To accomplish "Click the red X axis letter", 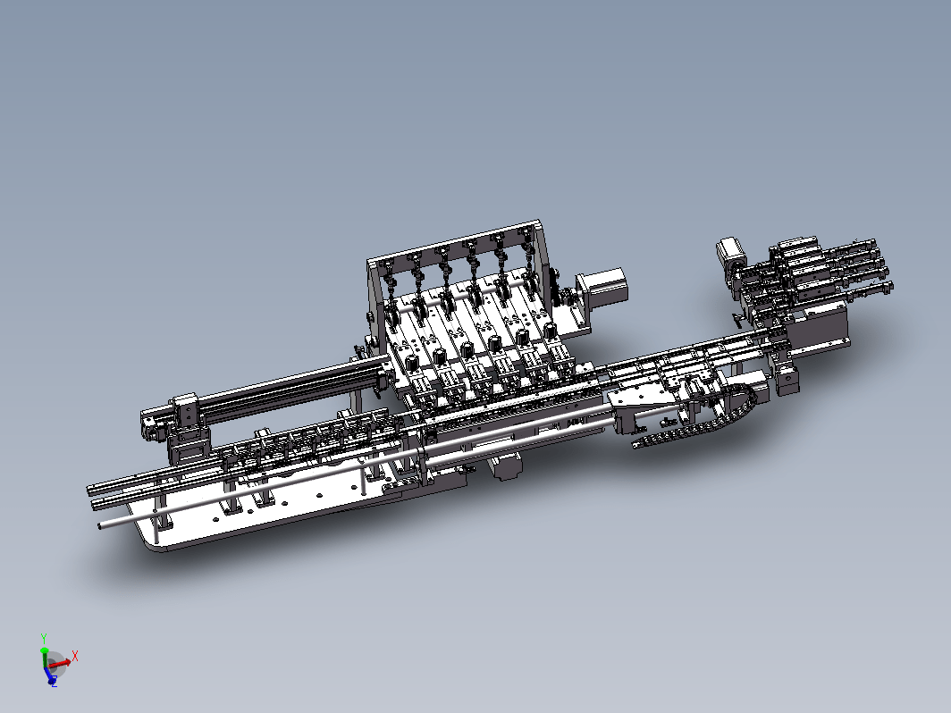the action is click(x=75, y=656).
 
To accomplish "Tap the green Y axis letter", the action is click(x=44, y=639).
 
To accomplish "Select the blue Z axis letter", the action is click(x=54, y=684).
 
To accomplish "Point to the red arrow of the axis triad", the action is click(x=59, y=663).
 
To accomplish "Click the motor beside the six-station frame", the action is click(x=601, y=288).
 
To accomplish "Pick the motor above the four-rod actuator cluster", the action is click(x=730, y=255).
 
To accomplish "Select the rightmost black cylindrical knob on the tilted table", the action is click(x=550, y=331).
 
